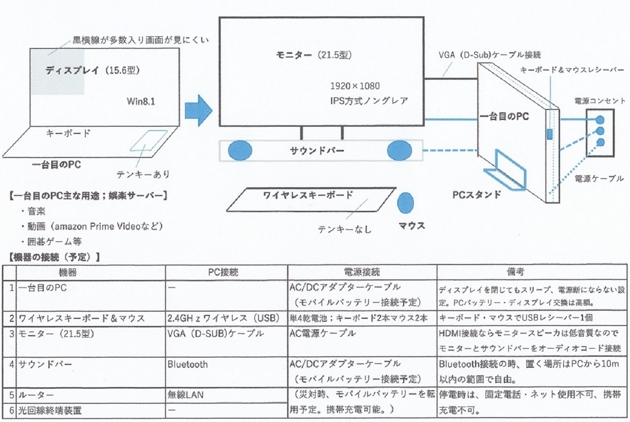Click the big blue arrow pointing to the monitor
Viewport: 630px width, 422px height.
(x=198, y=110)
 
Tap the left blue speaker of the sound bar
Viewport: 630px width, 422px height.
(x=240, y=151)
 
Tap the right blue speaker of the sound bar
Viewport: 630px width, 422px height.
(x=400, y=151)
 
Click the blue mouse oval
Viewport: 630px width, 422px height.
(x=405, y=203)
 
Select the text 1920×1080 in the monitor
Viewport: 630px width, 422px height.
(x=355, y=86)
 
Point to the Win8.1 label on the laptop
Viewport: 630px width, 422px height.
(x=141, y=101)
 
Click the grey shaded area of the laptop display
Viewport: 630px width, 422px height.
(x=57, y=72)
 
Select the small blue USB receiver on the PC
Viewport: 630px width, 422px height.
(x=550, y=134)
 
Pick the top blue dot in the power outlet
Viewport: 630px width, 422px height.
(x=600, y=120)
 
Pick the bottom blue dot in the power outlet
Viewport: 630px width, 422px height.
(x=600, y=142)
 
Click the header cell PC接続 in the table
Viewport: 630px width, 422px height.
(x=223, y=272)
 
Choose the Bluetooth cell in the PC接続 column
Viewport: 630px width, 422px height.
(x=187, y=365)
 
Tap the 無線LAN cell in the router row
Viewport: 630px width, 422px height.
(x=185, y=395)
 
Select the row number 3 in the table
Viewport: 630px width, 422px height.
(x=12, y=334)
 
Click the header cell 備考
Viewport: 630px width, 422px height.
(x=516, y=272)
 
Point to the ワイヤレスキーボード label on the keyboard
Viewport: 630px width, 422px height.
(x=308, y=195)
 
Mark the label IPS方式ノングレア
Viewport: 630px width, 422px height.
(x=369, y=101)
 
